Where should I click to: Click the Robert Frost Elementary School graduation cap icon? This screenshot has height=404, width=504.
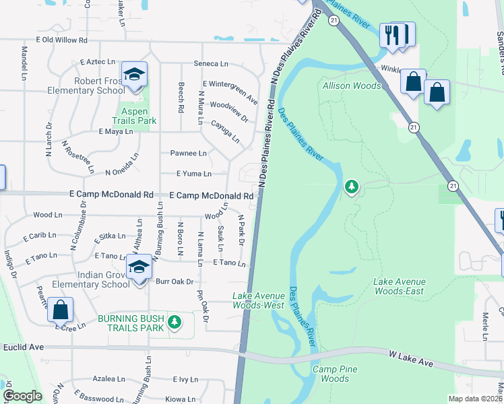pos(134,74)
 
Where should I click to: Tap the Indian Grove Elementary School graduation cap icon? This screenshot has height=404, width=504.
pos(139,268)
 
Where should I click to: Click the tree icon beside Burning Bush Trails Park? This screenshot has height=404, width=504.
pos(175,323)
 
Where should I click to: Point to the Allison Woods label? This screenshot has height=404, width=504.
pos(351,86)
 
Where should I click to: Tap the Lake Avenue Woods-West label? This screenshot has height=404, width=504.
pos(258,300)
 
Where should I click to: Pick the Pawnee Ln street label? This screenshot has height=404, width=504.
pos(188,154)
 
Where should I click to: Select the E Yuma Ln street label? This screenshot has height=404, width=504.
pos(193,174)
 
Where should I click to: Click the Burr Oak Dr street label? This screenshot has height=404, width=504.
pos(175,281)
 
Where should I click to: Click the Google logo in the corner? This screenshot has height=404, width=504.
pos(22,396)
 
